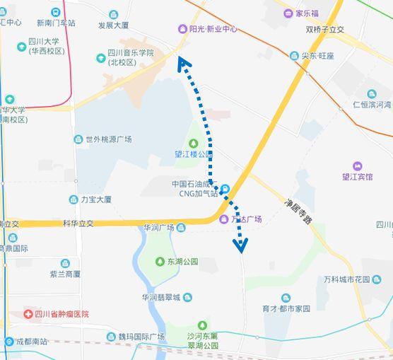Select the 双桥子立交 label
324,30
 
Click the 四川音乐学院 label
131,57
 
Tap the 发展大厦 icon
114,14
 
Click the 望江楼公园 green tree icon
194,144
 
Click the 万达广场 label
247,219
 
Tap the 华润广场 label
158,228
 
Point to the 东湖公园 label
183,262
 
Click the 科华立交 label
79,223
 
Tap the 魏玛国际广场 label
141,337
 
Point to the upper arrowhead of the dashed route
184,65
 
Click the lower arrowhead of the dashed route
241,245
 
